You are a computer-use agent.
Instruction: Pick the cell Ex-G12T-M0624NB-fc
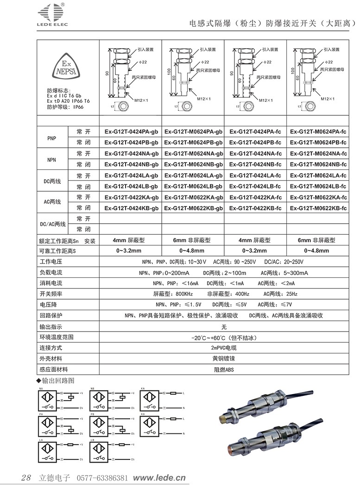point(318,164)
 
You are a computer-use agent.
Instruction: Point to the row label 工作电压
point(51,263)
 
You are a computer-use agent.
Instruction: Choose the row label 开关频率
point(51,294)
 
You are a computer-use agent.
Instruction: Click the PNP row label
point(52,137)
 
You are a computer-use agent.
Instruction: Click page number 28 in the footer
point(26,477)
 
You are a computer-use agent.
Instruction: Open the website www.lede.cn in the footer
point(159,477)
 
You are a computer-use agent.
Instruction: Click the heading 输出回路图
point(58,381)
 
